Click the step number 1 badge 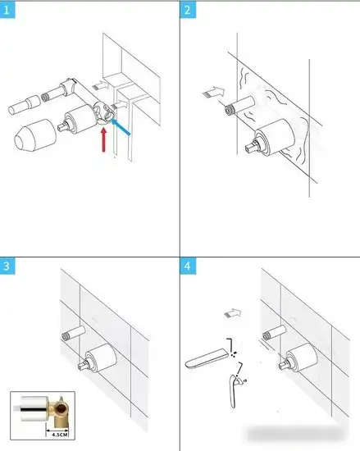(x=7, y=10)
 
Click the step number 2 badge (x=188, y=10)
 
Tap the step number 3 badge (x=7, y=266)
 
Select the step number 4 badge (x=188, y=266)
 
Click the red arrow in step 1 (x=104, y=139)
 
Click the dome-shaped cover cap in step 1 (x=35, y=135)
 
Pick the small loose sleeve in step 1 (x=24, y=105)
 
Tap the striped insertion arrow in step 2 (x=213, y=92)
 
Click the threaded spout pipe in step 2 (x=239, y=105)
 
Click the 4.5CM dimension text (x=60, y=435)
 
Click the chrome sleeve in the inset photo (x=34, y=408)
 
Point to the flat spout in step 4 (x=207, y=358)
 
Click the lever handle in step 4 (x=234, y=391)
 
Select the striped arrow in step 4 (x=233, y=313)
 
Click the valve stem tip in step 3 (x=82, y=367)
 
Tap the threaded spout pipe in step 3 (x=74, y=333)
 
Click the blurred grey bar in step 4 (x=296, y=434)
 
